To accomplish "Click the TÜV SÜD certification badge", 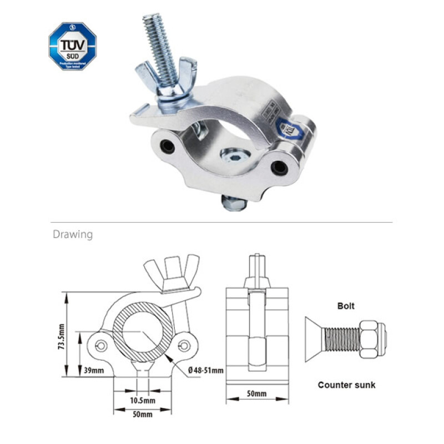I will click(72, 46).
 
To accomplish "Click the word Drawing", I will click(73, 234).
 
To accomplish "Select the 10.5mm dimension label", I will click(143, 400).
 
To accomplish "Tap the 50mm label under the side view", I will click(256, 394).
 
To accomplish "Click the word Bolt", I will click(346, 306).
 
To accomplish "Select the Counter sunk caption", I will click(346, 385).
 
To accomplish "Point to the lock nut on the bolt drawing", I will click(372, 340).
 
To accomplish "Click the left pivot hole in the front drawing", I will click(101, 346).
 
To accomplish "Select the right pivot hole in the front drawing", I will click(184, 346).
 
